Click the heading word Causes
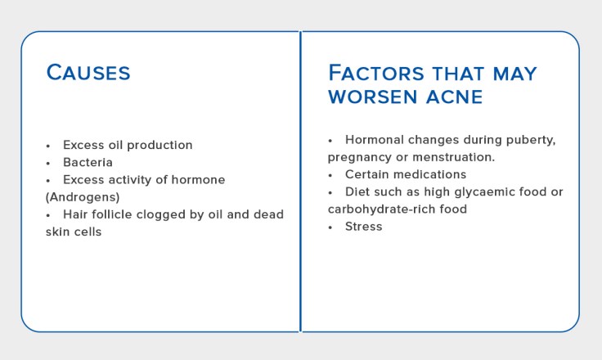pos(88,72)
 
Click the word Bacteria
pos(88,162)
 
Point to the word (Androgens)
pos(82,197)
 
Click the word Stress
pos(363,226)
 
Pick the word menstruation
pos(465,156)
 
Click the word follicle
pos(113,214)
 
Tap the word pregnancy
pos(360,156)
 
